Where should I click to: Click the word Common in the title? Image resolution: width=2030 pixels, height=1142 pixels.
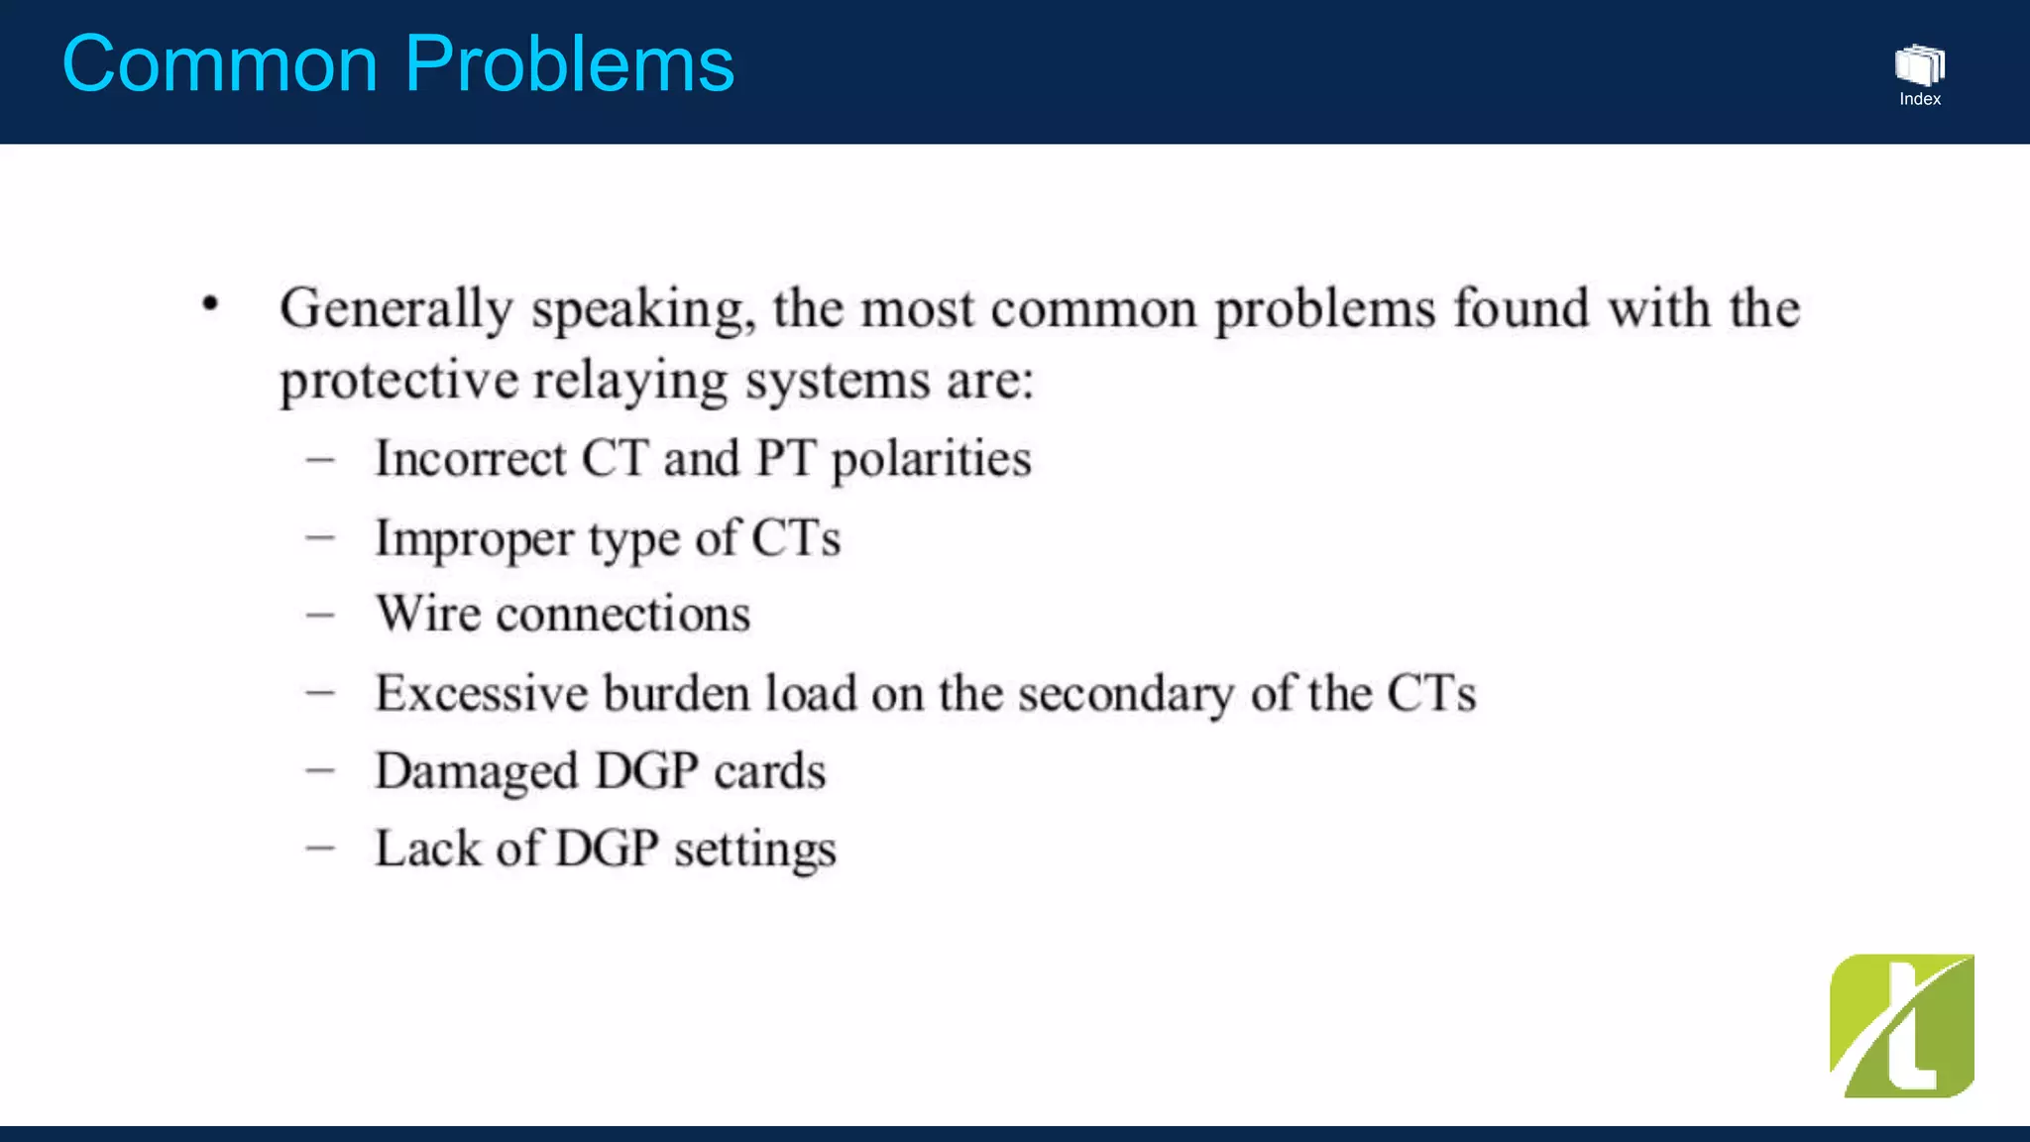tap(220, 64)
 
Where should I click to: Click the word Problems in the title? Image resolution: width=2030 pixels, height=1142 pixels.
tap(569, 64)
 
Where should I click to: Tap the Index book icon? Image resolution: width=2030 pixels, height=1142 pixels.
tap(1919, 65)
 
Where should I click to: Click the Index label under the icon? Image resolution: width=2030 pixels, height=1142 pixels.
tap(1920, 99)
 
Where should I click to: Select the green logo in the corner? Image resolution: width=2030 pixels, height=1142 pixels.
tap(1901, 1026)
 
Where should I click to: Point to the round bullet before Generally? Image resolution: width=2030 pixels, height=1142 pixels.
tap(210, 303)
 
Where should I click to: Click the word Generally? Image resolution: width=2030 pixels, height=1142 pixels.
tap(395, 309)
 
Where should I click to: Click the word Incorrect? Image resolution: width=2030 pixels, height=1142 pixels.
tap(470, 459)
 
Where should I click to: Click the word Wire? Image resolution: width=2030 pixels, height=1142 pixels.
tap(428, 614)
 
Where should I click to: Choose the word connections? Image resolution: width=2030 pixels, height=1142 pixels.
tap(622, 616)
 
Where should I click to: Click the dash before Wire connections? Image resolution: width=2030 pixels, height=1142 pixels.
tap(320, 616)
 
